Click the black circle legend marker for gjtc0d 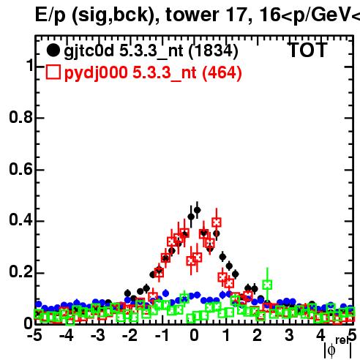[53, 50]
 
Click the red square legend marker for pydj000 [53, 72]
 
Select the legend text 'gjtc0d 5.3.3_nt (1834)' [151, 52]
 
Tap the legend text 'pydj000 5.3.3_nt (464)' [153, 73]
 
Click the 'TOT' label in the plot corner [308, 50]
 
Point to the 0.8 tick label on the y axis [20, 117]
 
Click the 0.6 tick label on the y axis [20, 169]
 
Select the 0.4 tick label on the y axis [20, 220]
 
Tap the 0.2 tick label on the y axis [20, 272]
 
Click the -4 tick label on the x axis [67, 336]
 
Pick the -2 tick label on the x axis [130, 336]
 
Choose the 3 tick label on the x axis [289, 336]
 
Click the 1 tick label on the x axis [227, 336]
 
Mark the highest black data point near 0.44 [197, 210]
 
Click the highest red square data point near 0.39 [217, 222]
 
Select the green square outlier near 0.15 [267, 285]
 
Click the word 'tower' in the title [192, 15]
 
